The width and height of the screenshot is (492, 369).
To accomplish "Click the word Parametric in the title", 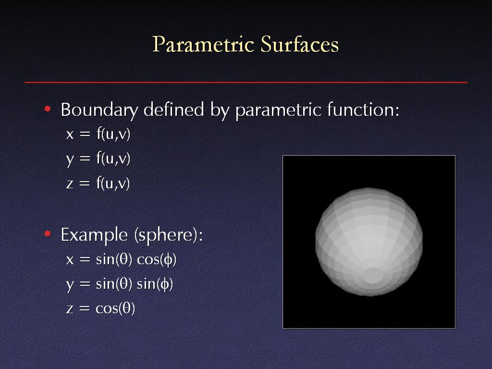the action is (203, 44).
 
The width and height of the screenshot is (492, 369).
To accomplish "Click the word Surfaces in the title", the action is (300, 44).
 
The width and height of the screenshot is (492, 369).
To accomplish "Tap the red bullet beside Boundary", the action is (48, 109).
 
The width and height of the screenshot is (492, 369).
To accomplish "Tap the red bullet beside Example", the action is (48, 234).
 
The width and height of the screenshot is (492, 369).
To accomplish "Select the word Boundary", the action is (99, 111).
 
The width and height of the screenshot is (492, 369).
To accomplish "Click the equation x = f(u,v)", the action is (98, 134).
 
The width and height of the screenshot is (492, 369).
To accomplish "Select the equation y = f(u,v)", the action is (98, 159).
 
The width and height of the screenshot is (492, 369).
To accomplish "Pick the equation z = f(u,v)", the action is (98, 183).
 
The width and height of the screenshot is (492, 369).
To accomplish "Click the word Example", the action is (95, 235).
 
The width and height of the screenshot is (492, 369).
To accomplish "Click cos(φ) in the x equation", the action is (157, 260).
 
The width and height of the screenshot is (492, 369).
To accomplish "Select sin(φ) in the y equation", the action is (155, 284).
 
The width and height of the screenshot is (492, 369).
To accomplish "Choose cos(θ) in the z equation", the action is (115, 309).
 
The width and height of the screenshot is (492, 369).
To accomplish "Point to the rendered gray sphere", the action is (369, 242).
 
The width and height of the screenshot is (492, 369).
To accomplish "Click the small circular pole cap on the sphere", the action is (373, 276).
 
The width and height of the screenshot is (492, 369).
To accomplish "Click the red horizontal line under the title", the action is (246, 82).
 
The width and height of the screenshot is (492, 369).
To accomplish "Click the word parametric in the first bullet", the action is (278, 111).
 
